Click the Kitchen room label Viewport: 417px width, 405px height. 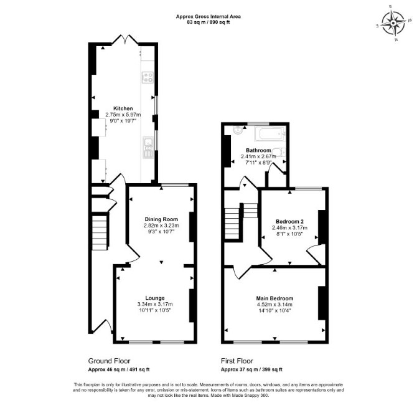pos(123,108)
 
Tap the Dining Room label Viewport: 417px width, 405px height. pos(161,219)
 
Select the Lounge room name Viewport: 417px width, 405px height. pos(155,298)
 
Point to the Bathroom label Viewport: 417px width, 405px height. pos(258,150)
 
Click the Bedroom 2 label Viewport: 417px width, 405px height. pos(289,221)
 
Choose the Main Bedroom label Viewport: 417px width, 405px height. pos(274,298)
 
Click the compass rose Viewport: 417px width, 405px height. pos(393,23)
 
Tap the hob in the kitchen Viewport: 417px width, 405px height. pos(148,77)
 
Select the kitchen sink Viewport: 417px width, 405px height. pos(148,147)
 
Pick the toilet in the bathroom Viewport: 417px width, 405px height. pos(279,152)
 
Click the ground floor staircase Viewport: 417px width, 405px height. pos(100,233)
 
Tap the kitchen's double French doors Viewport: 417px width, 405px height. pos(124,39)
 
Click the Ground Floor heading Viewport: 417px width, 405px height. pos(109,361)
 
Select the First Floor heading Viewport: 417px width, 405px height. pos(237,361)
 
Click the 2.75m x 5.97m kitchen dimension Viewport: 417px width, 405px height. pos(123,115)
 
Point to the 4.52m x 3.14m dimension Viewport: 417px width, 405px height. pos(274,304)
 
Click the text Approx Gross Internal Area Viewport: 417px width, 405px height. pos(208,16)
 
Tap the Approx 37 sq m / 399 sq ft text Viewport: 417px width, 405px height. pos(251,369)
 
